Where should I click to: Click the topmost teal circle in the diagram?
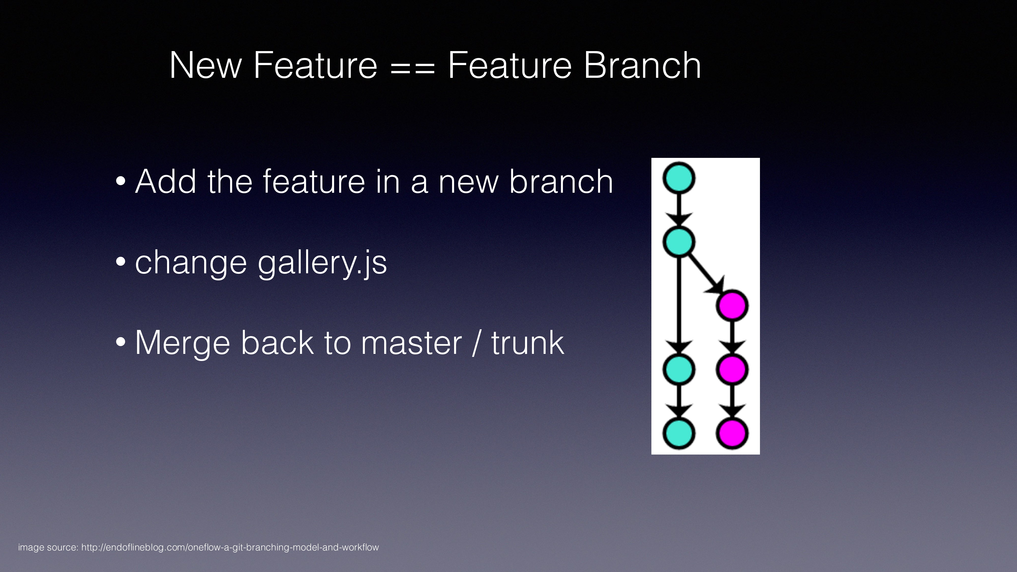(679, 178)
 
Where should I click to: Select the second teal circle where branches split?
(679, 242)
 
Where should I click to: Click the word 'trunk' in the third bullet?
(528, 343)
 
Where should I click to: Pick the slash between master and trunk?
(476, 343)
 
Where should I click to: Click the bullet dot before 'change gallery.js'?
(121, 262)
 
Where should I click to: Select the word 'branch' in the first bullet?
(561, 182)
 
